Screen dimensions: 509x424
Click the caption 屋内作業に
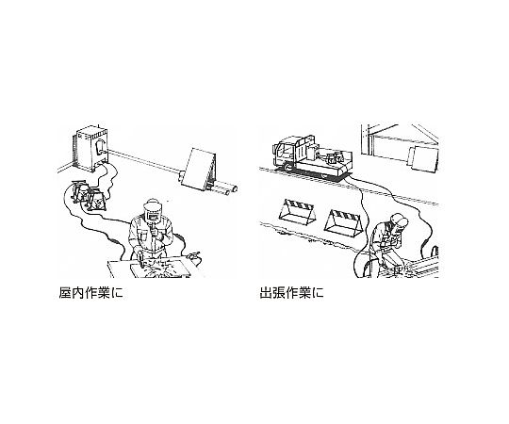(x=90, y=293)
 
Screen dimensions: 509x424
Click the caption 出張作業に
(x=291, y=293)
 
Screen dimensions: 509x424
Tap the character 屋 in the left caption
(x=65, y=293)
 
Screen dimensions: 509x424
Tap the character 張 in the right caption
(x=279, y=293)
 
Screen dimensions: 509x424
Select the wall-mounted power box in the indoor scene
(x=91, y=149)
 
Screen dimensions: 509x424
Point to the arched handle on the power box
(x=101, y=147)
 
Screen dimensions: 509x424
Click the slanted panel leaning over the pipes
(x=198, y=170)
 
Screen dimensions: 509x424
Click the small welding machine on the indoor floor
(x=88, y=196)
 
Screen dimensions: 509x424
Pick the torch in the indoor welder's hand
(x=140, y=258)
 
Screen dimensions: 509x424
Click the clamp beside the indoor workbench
(x=193, y=256)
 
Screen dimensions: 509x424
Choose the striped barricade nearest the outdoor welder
(x=344, y=223)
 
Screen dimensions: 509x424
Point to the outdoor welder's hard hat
(x=399, y=220)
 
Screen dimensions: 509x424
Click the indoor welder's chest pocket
(x=143, y=236)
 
